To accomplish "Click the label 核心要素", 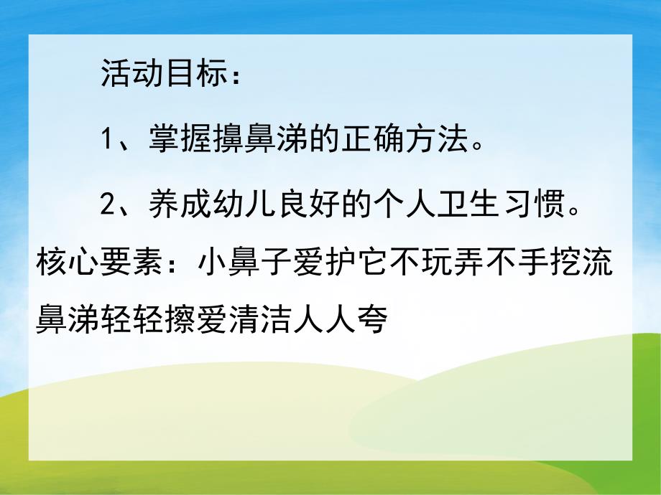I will coord(99,265).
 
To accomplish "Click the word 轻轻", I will coord(132,321).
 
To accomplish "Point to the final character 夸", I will coord(371,321).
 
